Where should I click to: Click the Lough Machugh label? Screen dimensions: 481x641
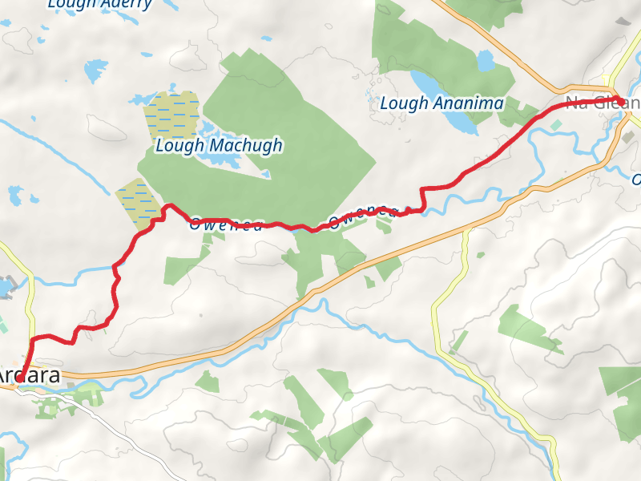[x=219, y=145]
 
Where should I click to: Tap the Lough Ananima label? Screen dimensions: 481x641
[x=441, y=103]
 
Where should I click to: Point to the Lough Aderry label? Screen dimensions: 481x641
[x=99, y=4]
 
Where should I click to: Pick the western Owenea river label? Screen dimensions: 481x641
[x=225, y=225]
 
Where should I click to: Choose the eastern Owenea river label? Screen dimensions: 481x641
[x=362, y=214]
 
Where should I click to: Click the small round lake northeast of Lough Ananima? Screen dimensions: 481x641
[x=486, y=62]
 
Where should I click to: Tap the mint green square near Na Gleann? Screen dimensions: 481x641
[x=556, y=125]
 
